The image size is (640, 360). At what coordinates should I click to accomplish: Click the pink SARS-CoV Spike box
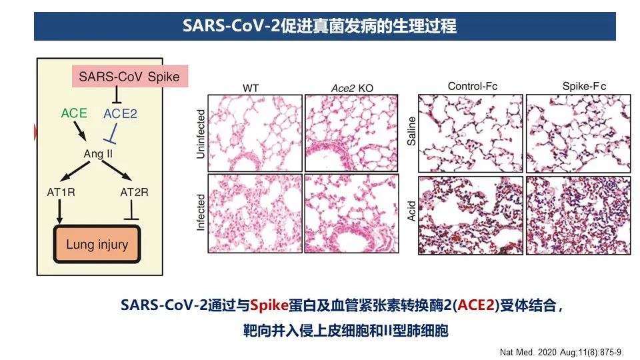tap(130, 76)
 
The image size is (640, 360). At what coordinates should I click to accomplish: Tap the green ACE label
tap(74, 113)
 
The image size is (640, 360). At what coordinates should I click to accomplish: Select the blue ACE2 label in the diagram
tap(120, 113)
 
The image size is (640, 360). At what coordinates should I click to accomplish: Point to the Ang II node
tap(98, 154)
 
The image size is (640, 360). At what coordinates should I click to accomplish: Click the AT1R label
tap(61, 192)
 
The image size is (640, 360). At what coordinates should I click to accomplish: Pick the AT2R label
tap(134, 192)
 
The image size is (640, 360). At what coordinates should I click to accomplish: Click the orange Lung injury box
tap(97, 245)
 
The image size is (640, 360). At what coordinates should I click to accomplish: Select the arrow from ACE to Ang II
tap(79, 131)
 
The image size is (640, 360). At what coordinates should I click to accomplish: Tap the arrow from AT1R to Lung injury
tap(60, 211)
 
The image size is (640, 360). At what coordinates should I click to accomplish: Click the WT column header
tap(251, 88)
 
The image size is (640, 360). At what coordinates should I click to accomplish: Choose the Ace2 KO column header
tap(352, 88)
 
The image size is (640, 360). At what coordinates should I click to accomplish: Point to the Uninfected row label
tap(201, 134)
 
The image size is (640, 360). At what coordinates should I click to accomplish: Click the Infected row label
tap(201, 212)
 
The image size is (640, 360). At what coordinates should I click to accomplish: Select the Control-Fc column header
tap(473, 87)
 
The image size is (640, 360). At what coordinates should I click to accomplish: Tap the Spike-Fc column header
tap(584, 87)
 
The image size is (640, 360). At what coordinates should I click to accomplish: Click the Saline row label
tap(411, 131)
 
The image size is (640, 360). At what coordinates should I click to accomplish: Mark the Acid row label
tap(411, 211)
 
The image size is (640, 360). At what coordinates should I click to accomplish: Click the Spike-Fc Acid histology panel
tap(579, 215)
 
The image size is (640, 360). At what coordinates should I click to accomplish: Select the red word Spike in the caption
tap(269, 305)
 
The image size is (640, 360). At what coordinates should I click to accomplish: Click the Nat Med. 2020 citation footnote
tap(561, 352)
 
